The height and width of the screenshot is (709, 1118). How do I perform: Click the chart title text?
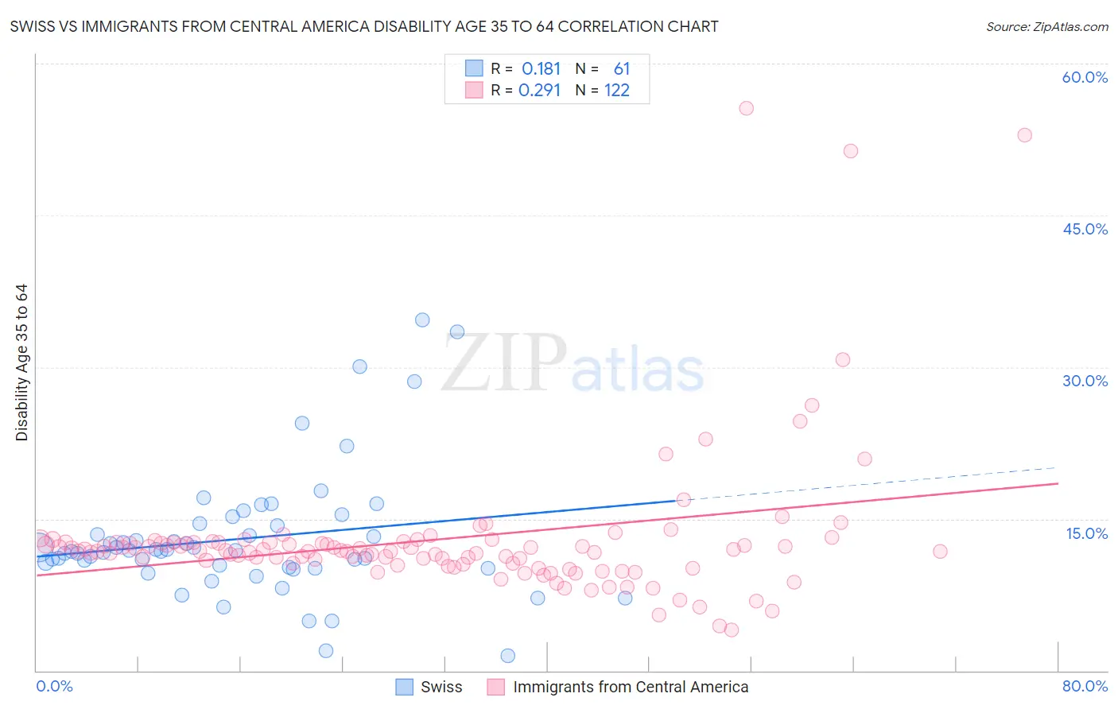pos(364,26)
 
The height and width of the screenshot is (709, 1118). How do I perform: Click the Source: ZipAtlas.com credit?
pos(1046,26)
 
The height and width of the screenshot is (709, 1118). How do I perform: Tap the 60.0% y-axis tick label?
pos(1085,77)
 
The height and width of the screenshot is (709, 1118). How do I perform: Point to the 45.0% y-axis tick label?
pos(1085,229)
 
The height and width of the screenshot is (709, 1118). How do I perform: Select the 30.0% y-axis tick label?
pos(1085,381)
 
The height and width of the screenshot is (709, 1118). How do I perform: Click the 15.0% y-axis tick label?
pos(1086,533)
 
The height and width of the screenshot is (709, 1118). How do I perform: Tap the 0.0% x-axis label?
pos(54,686)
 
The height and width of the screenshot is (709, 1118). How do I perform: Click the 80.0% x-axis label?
pos(1085,686)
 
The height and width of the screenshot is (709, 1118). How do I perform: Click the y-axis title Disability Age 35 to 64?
pos(21,362)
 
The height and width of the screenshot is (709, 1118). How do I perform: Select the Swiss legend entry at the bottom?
pos(429,687)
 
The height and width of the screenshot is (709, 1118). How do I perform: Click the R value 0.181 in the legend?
pos(541,68)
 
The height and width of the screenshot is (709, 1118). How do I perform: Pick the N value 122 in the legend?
pos(616,90)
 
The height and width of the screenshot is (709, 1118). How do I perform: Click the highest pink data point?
pos(746,108)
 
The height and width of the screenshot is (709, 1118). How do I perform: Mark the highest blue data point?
pos(422,320)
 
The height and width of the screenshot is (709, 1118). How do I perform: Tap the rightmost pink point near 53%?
pos(1024,135)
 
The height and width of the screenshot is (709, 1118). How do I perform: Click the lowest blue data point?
pos(507,656)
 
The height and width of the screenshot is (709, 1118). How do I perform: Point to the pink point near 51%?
pos(850,151)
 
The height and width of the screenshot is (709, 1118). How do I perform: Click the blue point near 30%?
pos(359,366)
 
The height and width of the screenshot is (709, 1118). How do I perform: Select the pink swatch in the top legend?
pos(474,90)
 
